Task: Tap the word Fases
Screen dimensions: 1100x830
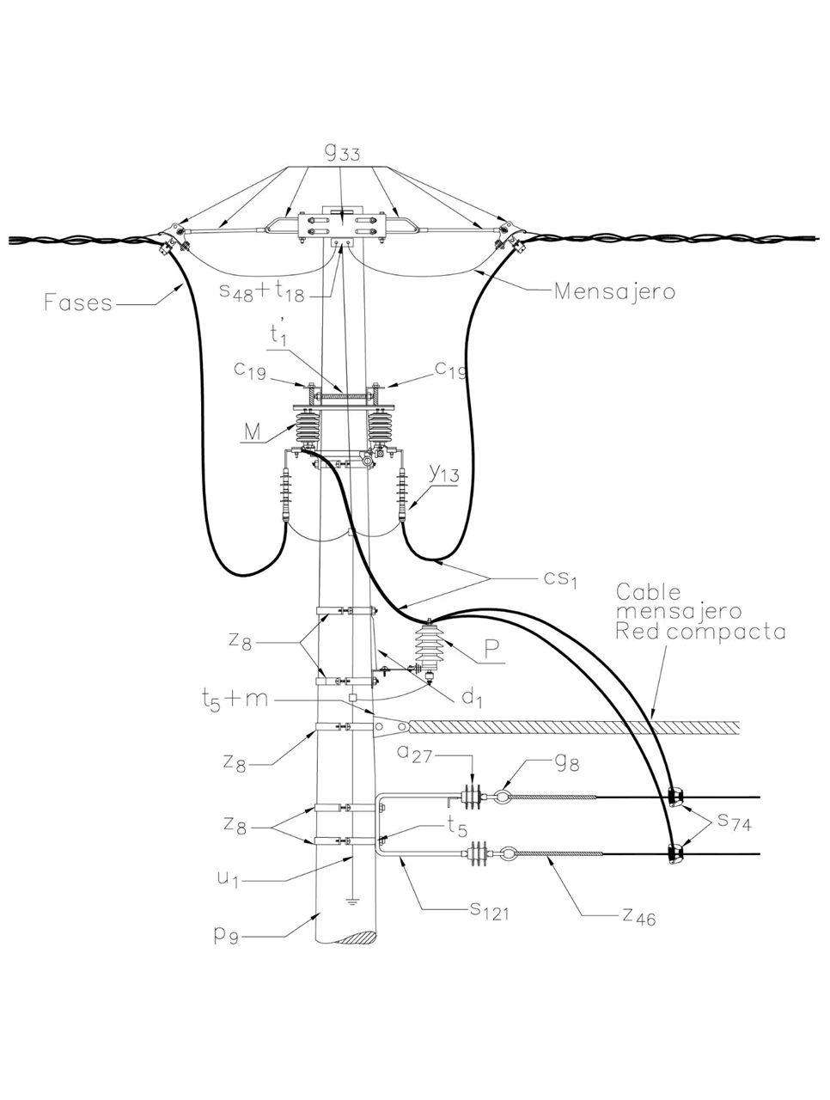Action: click(x=78, y=302)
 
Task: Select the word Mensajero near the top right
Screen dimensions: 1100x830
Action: click(x=613, y=290)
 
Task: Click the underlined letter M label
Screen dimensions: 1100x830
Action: click(x=252, y=432)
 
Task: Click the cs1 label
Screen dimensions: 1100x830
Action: click(x=558, y=580)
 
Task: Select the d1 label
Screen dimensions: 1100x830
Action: click(x=471, y=697)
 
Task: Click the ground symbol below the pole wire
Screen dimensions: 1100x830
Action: click(x=352, y=901)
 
